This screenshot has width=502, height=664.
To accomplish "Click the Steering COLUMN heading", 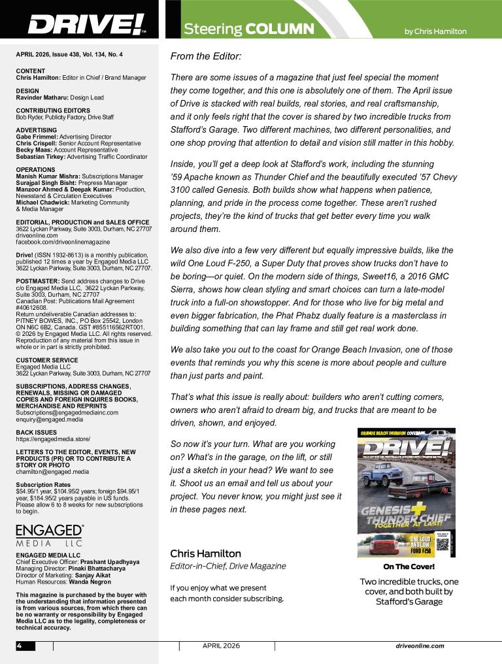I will (x=248, y=29).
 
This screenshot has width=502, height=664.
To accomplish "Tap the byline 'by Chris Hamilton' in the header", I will (x=435, y=31).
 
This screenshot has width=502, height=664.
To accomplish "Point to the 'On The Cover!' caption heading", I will (x=409, y=567).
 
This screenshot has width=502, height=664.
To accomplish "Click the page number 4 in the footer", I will (x=20, y=646).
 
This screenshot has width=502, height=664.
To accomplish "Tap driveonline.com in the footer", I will (x=420, y=646).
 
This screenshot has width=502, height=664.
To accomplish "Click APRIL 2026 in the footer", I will (x=221, y=646).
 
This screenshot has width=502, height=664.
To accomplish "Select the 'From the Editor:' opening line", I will (x=206, y=57).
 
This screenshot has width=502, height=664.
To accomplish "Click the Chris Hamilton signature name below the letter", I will (x=205, y=554).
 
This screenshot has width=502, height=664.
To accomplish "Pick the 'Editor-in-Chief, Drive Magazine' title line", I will (x=227, y=566).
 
